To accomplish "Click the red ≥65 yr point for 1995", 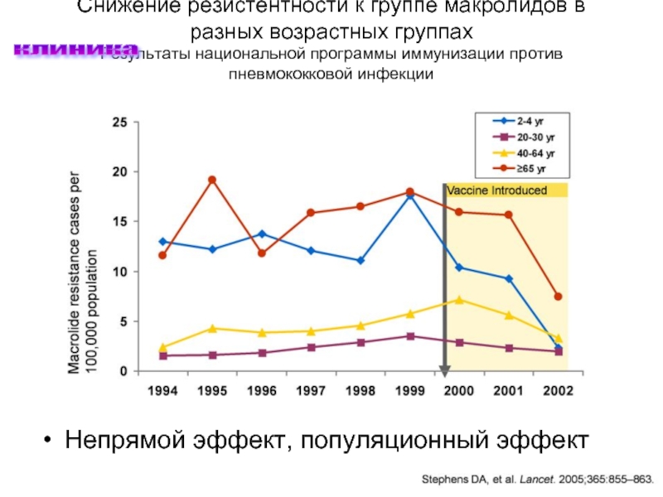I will tap(212, 180).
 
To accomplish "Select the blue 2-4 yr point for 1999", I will tap(409, 195).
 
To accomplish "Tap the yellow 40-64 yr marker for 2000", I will tap(459, 300).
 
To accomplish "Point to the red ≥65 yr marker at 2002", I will tap(558, 297).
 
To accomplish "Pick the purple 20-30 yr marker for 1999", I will tap(409, 336).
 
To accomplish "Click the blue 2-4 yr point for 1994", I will tap(162, 242).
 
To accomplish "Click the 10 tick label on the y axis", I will tap(119, 272).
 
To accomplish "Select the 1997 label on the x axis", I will tap(311, 389).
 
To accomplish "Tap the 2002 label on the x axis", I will tap(558, 389).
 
